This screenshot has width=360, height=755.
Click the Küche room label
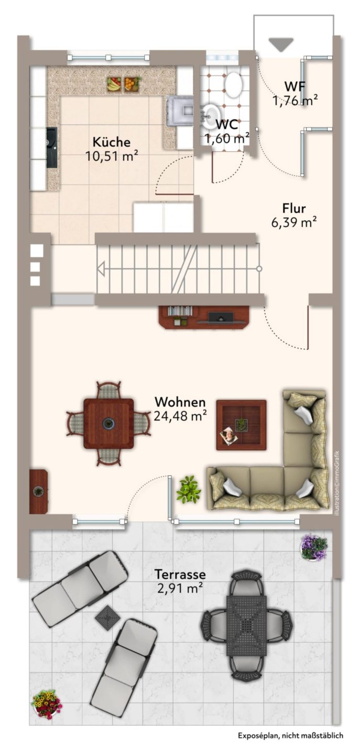coord(112,142)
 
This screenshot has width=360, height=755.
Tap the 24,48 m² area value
coord(180,416)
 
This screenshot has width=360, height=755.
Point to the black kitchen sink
coord(51,147)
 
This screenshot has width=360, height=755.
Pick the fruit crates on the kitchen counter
coord(124,84)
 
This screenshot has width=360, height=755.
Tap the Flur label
coord(293,208)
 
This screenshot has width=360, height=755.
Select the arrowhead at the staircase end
coord(101,269)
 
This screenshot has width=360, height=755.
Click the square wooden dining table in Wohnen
coord(108,423)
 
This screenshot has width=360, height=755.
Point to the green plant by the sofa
coord(189,489)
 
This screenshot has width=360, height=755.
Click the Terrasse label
coord(180,574)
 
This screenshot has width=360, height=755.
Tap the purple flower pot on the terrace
coord(313,547)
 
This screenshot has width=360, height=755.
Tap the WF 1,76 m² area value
coord(295,101)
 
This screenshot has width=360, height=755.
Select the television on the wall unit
coord(221,317)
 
